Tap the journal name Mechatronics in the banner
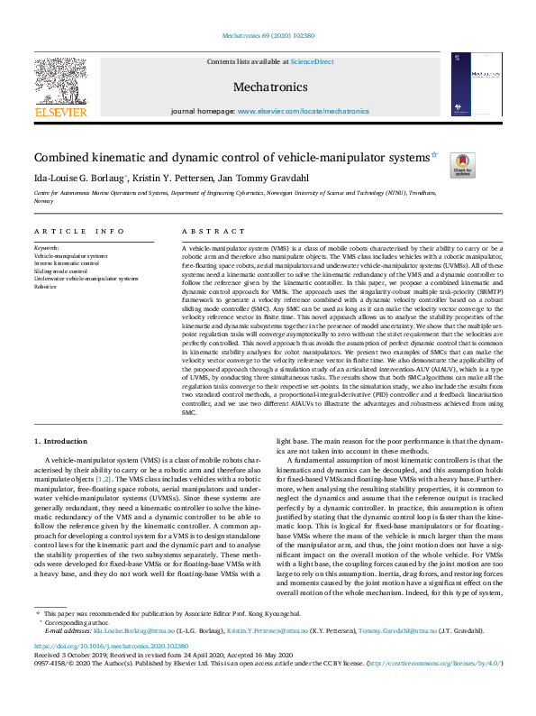coord(270,87)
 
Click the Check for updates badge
coord(463,165)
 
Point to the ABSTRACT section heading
coord(205,232)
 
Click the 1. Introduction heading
coord(61,441)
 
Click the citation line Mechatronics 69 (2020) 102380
coord(268,36)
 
